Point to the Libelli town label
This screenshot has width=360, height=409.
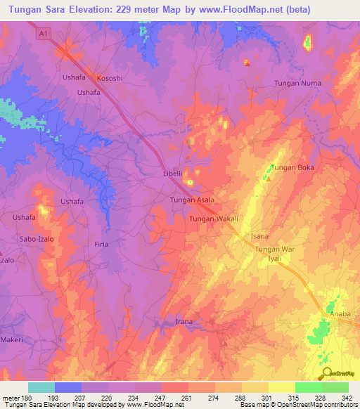click(x=168, y=173)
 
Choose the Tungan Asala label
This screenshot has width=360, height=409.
click(x=192, y=200)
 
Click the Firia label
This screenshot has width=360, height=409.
click(x=101, y=244)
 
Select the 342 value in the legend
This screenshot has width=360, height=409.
click(x=347, y=398)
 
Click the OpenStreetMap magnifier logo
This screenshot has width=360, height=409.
click(x=326, y=372)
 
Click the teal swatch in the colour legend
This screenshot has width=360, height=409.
click(x=41, y=387)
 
